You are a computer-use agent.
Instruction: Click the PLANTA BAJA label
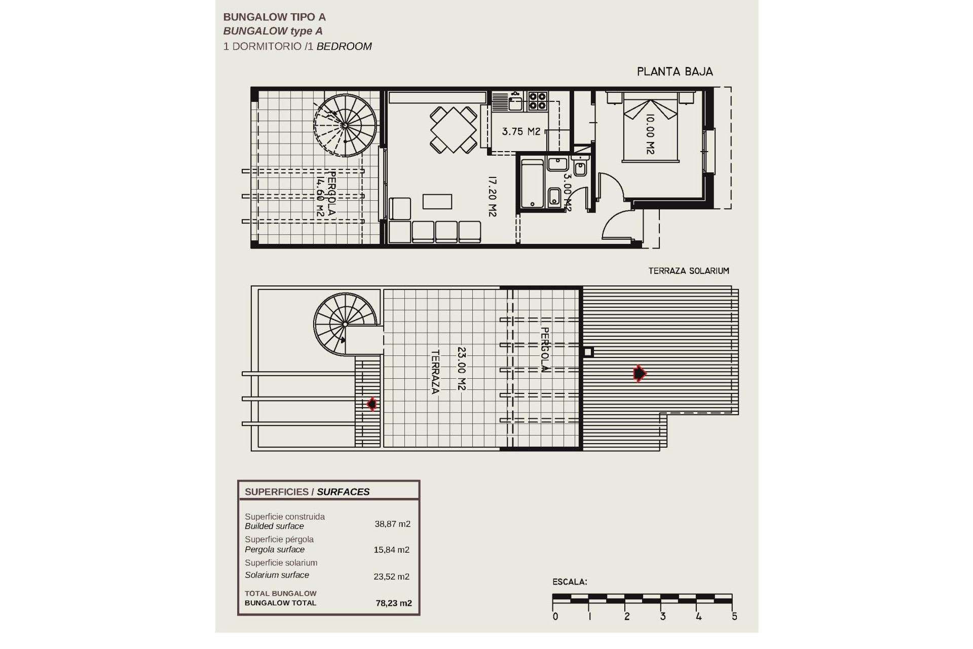(675, 72)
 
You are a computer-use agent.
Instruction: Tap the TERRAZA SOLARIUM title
(688, 271)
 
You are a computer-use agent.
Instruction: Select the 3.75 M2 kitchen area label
(521, 132)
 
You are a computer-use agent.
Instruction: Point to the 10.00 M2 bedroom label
(650, 134)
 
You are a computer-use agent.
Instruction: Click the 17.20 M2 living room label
(492, 196)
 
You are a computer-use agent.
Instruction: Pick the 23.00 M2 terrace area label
(461, 368)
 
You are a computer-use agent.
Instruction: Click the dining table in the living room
(454, 129)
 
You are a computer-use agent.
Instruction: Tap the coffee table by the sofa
(437, 201)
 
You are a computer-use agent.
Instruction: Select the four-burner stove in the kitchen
(538, 101)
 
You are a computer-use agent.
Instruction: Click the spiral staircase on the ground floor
(346, 125)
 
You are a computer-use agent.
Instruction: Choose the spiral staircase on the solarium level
(345, 323)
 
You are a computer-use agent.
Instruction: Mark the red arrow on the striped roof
(640, 374)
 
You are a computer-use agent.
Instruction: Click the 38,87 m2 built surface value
(392, 524)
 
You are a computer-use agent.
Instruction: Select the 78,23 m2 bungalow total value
(393, 603)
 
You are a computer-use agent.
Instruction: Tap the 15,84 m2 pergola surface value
(391, 550)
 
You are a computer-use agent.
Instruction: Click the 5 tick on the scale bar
(734, 617)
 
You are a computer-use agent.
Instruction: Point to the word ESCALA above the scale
(569, 582)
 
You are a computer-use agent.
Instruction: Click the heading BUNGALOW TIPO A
(274, 17)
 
